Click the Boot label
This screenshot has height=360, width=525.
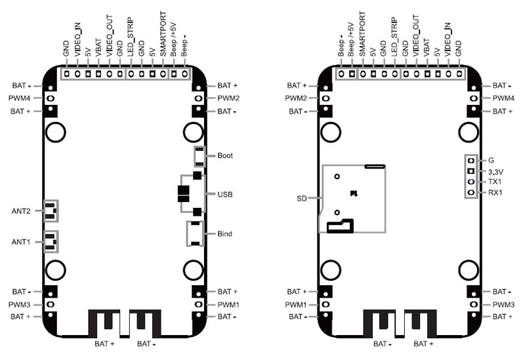point(224,156)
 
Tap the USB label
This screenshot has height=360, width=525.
point(224,195)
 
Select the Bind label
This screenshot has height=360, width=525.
point(224,233)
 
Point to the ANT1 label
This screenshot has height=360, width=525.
point(21,242)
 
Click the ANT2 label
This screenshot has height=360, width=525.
point(21,211)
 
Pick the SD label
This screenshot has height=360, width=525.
point(302,197)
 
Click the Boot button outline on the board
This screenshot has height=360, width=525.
point(199,156)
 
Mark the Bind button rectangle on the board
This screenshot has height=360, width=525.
point(195,233)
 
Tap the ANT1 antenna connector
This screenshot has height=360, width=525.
point(51,241)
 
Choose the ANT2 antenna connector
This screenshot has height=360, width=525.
point(51,210)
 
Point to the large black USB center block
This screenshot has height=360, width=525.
point(183,194)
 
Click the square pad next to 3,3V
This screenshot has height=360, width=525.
point(471,171)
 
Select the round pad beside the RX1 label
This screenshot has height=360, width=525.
point(471,193)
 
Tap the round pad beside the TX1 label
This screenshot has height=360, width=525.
point(471,182)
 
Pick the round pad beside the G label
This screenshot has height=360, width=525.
point(471,160)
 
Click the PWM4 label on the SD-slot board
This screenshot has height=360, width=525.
point(503,98)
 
